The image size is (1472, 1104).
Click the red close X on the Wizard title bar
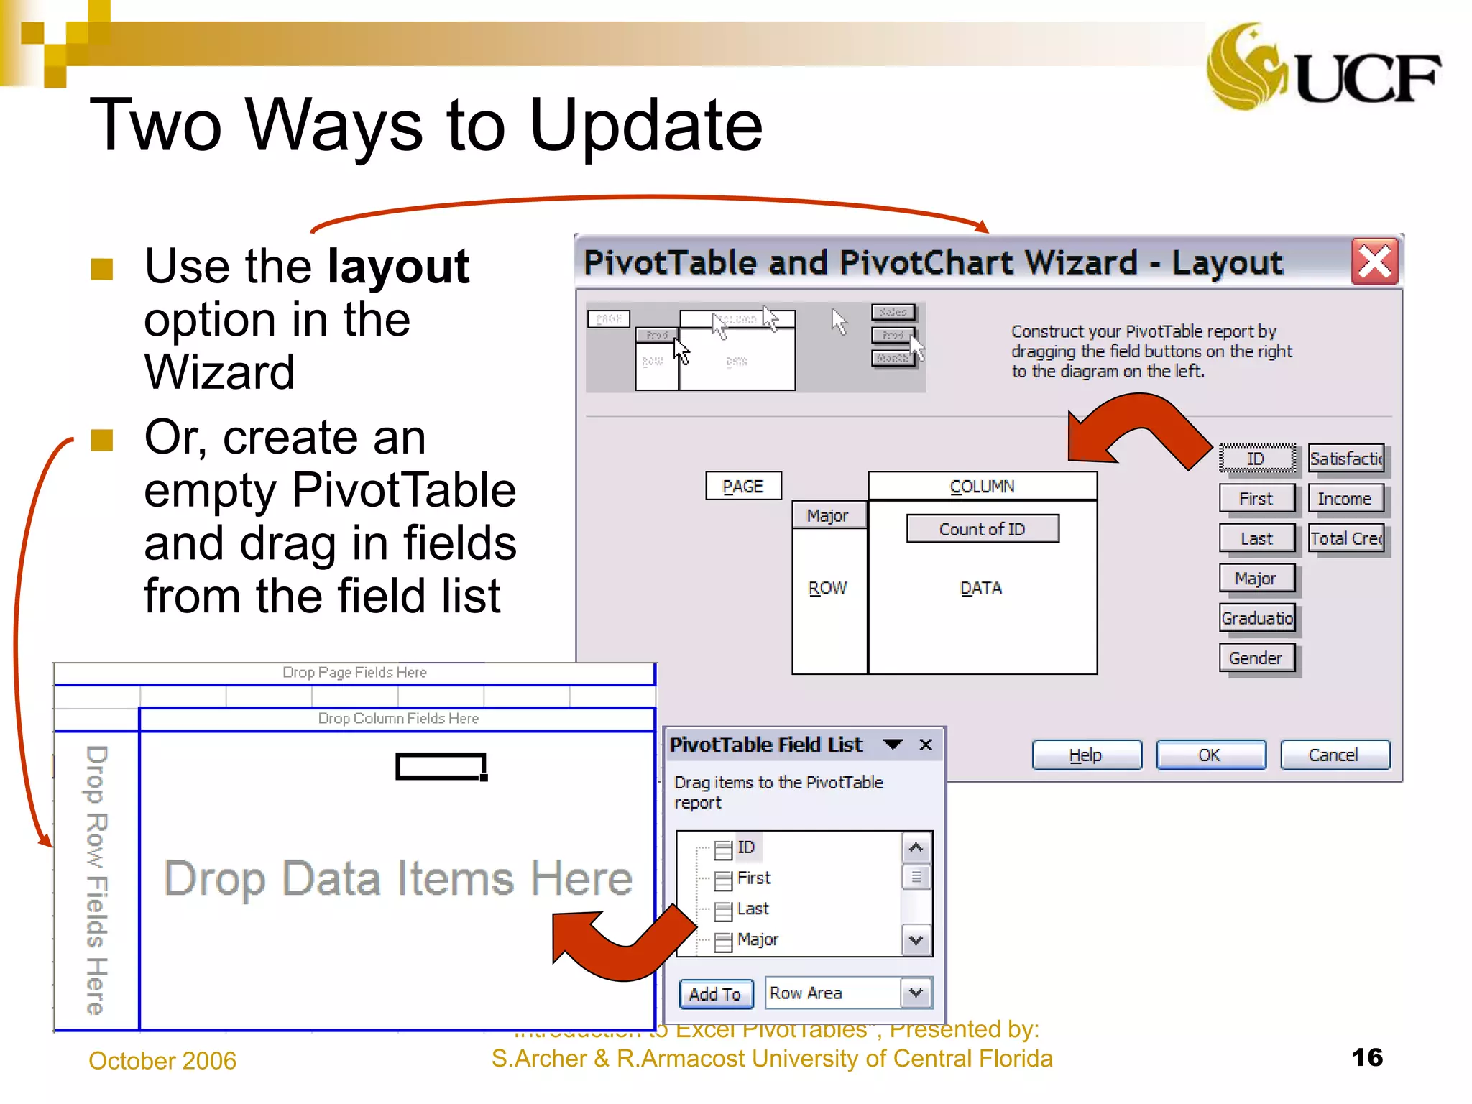[1374, 262]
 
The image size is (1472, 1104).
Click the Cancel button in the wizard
[1334, 755]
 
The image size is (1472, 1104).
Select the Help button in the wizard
[1086, 755]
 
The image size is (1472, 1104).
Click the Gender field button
[1256, 658]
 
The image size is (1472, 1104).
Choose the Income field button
[1345, 499]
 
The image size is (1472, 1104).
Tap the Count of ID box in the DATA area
[982, 529]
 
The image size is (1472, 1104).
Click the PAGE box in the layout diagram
[743, 487]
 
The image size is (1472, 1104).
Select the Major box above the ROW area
[828, 515]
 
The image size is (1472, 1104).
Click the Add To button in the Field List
[715, 994]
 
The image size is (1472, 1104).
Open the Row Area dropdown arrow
[916, 993]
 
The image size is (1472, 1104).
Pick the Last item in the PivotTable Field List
[753, 908]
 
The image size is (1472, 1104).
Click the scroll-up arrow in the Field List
[916, 847]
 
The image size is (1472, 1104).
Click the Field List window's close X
[926, 745]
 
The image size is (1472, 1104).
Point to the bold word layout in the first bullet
[398, 267]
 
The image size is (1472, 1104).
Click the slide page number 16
[1367, 1057]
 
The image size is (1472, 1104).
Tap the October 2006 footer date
[162, 1060]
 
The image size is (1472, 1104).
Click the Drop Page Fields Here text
[354, 672]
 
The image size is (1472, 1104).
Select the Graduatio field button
[1256, 618]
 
